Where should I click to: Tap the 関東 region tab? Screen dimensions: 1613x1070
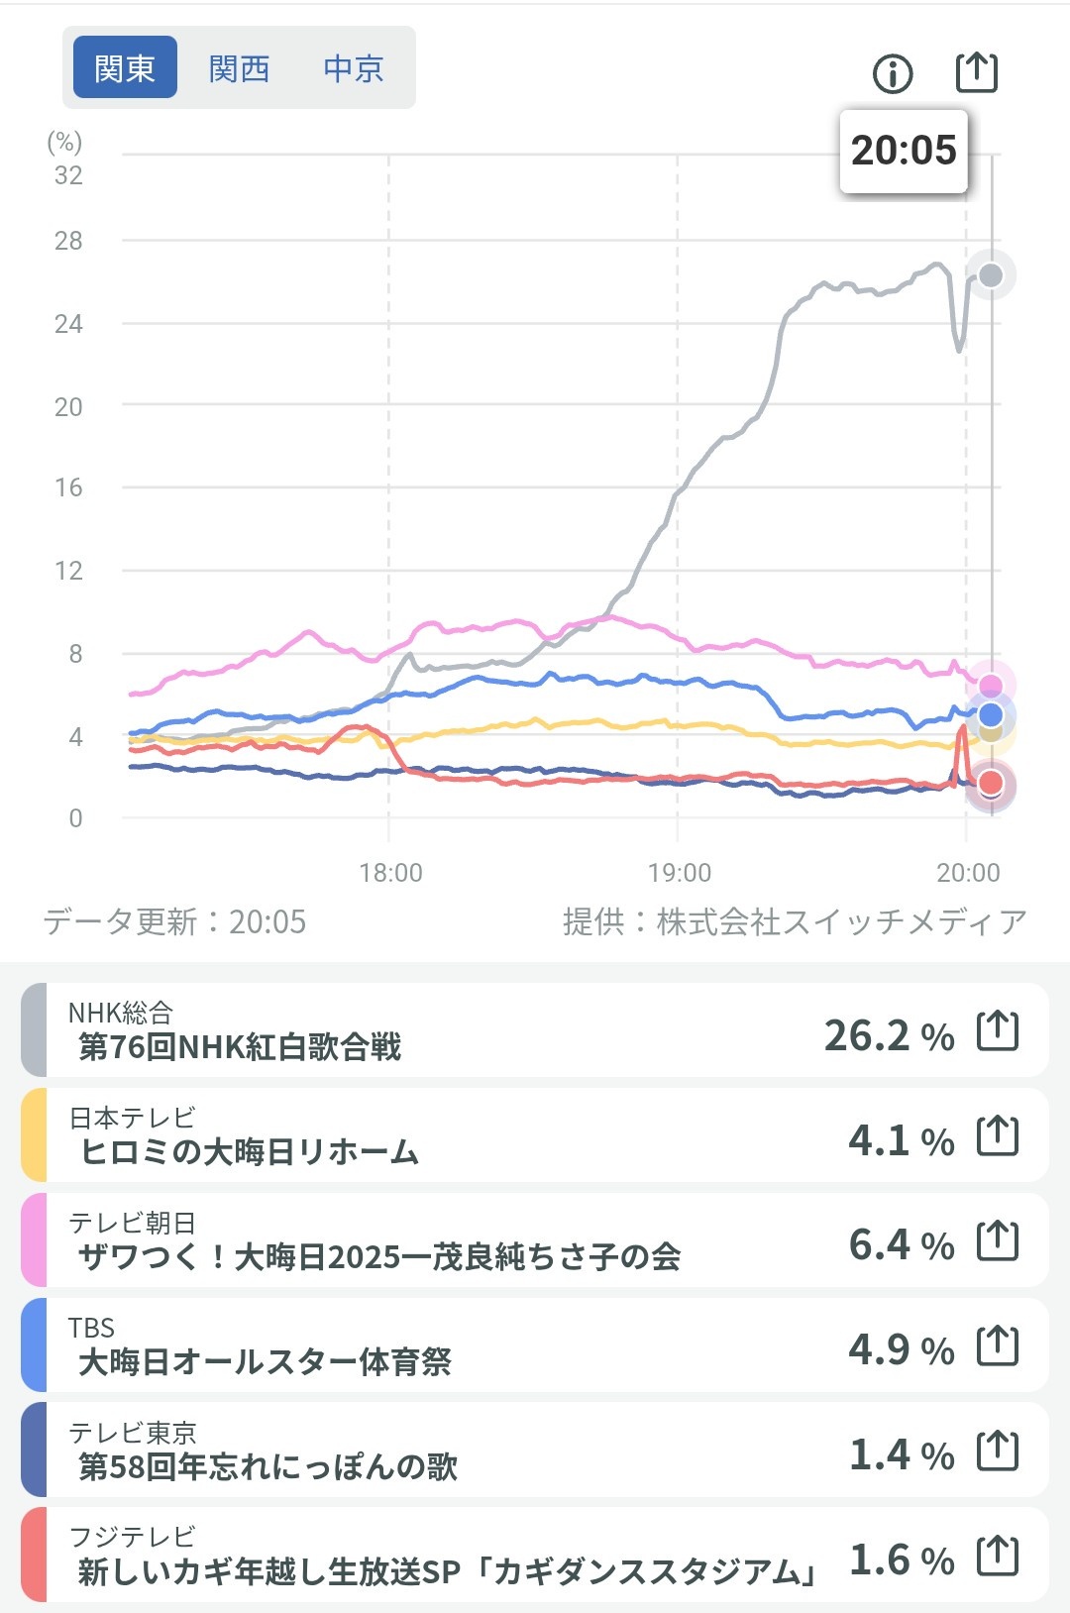[x=125, y=68]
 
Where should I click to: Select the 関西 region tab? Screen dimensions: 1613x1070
[x=239, y=68]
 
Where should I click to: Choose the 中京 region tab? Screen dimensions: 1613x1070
[x=353, y=68]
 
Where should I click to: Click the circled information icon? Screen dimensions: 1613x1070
[x=893, y=73]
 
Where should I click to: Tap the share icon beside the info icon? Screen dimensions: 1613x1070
[x=976, y=72]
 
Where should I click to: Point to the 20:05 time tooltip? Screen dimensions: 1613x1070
[x=904, y=151]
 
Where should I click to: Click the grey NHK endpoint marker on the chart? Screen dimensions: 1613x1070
[x=991, y=275]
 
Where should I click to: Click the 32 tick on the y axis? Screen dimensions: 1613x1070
[x=68, y=175]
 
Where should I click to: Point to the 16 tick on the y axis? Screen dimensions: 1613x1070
[x=68, y=487]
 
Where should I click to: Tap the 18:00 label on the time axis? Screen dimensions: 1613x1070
[x=390, y=873]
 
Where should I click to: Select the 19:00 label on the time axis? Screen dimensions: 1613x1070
[x=680, y=873]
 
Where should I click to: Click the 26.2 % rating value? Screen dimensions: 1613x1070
[x=889, y=1035]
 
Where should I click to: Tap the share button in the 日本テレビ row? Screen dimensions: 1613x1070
[x=998, y=1135]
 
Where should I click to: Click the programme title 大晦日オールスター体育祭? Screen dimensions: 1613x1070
[x=265, y=1362]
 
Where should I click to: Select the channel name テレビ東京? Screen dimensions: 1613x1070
[x=133, y=1433]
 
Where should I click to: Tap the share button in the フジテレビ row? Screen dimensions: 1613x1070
[x=998, y=1556]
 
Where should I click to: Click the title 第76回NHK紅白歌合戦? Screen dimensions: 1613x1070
[x=240, y=1047]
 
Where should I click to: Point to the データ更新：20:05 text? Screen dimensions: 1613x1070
[x=174, y=922]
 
